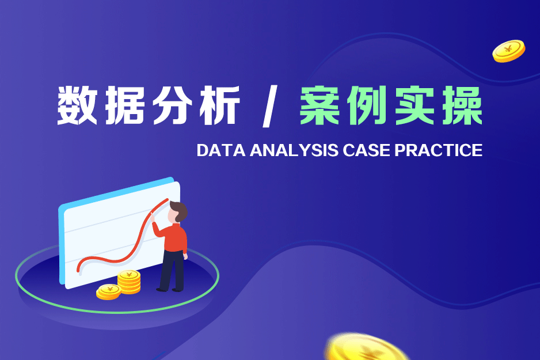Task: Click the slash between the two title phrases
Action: (x=270, y=106)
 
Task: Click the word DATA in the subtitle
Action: (x=220, y=150)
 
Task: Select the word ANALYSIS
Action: (x=294, y=150)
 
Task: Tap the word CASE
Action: (x=366, y=150)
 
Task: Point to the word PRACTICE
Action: (x=439, y=150)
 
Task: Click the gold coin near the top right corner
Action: (x=509, y=51)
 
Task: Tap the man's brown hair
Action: (x=180, y=210)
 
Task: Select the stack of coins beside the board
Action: (x=129, y=282)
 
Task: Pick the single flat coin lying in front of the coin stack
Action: (x=108, y=292)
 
